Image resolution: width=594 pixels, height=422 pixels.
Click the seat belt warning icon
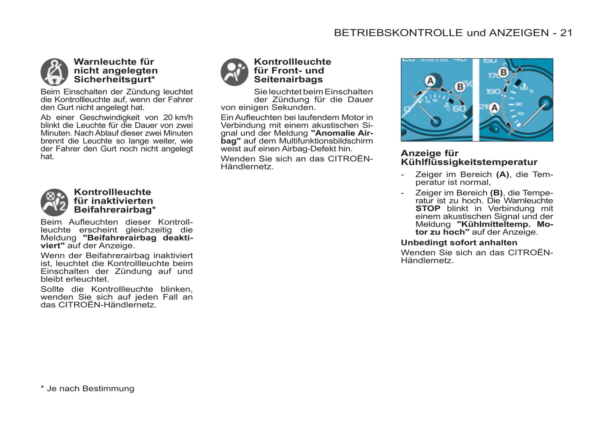click(x=54, y=72)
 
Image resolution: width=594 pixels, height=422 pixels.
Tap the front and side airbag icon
click(x=234, y=72)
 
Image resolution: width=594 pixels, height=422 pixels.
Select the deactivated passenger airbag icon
click(x=54, y=202)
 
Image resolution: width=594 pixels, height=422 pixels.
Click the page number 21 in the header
click(x=566, y=33)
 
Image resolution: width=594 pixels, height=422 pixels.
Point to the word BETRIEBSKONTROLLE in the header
click(x=398, y=33)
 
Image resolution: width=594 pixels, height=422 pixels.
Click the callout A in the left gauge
click(x=430, y=81)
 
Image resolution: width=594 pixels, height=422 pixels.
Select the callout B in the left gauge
click(x=460, y=87)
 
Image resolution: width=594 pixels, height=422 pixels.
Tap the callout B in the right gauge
click(x=503, y=73)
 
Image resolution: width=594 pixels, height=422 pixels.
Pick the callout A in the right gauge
click(x=494, y=108)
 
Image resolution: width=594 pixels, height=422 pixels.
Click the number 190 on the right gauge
click(x=493, y=91)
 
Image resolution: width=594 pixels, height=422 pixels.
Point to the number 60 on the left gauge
click(x=459, y=109)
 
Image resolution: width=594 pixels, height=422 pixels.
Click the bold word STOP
click(x=428, y=209)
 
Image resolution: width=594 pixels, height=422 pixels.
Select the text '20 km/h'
click(x=178, y=118)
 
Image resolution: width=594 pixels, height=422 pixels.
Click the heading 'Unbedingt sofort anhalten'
click(x=459, y=243)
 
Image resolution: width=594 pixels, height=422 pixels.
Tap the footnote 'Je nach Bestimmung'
click(x=90, y=389)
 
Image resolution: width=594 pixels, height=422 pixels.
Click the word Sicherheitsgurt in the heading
click(x=112, y=80)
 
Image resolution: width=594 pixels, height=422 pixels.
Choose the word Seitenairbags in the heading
click(x=288, y=80)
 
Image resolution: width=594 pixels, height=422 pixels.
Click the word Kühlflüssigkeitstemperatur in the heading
click(x=469, y=162)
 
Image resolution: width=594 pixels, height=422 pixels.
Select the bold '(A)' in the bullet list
click(x=502, y=175)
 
